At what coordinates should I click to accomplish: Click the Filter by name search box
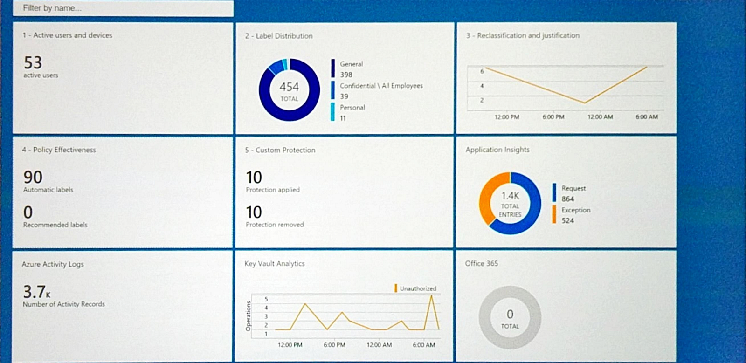click(x=123, y=8)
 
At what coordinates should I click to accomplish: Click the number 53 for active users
click(x=33, y=62)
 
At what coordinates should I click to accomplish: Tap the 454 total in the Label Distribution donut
click(x=289, y=87)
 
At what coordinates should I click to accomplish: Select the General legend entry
click(x=351, y=64)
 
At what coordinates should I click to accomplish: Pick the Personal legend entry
click(x=352, y=108)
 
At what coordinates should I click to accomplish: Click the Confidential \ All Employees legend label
click(x=381, y=86)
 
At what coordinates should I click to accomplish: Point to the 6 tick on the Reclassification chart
click(x=482, y=71)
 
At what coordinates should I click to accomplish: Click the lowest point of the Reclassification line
click(x=585, y=103)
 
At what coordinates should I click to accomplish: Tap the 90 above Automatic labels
click(x=33, y=177)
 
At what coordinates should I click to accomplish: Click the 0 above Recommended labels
click(x=28, y=212)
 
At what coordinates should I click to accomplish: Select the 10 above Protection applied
click(x=254, y=178)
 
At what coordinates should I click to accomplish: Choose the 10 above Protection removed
click(x=254, y=212)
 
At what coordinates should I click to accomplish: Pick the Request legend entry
click(x=573, y=188)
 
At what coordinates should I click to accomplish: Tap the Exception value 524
click(x=567, y=221)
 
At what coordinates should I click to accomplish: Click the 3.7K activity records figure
click(x=36, y=292)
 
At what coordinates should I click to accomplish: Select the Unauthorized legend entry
click(x=417, y=288)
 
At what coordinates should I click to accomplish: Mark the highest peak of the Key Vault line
click(x=432, y=295)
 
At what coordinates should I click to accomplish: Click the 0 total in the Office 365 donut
click(x=510, y=315)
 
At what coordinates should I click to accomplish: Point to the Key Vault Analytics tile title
click(x=274, y=264)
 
